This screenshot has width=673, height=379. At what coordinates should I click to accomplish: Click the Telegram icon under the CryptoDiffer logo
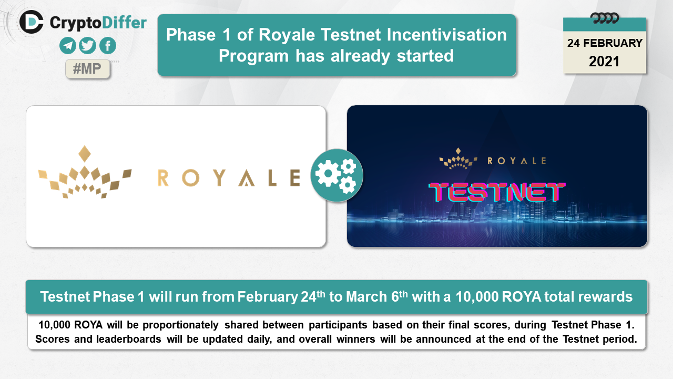tap(68, 46)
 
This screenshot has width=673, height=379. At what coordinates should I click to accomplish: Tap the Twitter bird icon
tap(87, 46)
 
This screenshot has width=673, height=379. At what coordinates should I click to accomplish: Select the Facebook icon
tap(108, 46)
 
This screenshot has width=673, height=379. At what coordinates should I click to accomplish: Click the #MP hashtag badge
tap(87, 69)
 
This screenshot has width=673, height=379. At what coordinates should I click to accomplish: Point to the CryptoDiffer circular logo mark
tap(31, 22)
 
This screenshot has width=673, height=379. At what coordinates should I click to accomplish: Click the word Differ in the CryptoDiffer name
tap(124, 23)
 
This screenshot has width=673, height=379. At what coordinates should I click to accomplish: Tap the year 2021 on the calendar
tap(604, 62)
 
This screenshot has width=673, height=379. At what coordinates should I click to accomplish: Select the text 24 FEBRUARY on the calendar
tap(605, 43)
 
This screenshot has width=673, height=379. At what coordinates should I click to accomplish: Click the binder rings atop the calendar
tap(605, 18)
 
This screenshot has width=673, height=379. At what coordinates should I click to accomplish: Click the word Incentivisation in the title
tap(446, 35)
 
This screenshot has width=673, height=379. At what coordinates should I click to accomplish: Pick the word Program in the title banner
tap(253, 56)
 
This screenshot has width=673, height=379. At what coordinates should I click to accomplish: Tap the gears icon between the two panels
tap(336, 175)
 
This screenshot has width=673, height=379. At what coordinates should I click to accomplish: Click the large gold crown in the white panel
tap(85, 172)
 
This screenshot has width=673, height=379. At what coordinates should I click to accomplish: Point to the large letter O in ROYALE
tap(190, 178)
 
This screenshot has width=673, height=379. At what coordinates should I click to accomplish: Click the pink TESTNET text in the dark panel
tap(497, 192)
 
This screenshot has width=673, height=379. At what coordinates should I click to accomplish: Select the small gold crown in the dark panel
tap(458, 158)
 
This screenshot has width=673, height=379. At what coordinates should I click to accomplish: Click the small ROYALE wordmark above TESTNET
tap(517, 161)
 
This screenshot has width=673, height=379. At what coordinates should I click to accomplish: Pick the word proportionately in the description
tap(180, 325)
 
